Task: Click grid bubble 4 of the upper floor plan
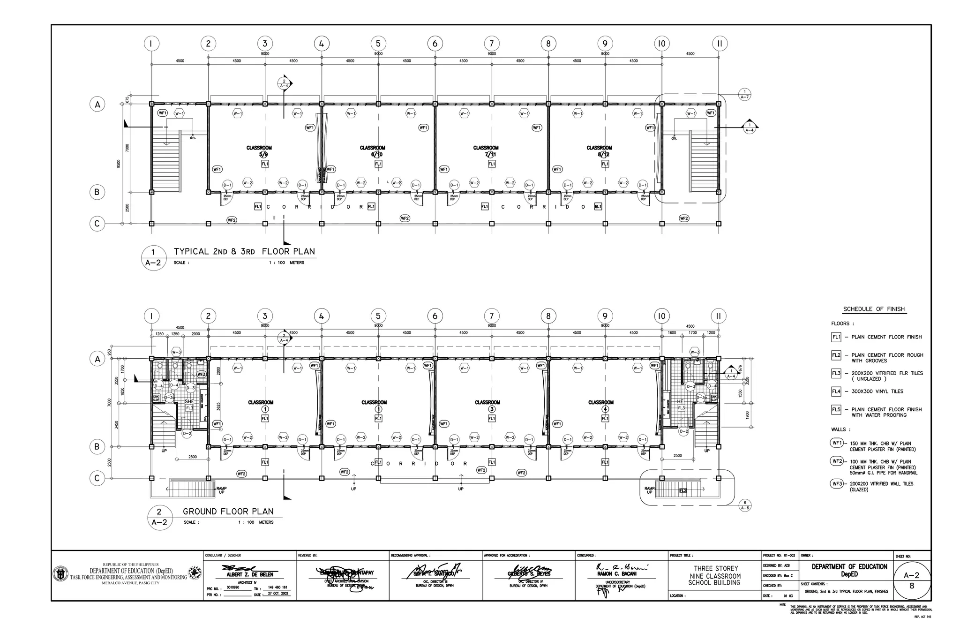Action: coord(321,44)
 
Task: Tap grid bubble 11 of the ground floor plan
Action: coord(718,316)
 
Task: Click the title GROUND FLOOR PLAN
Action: coord(228,512)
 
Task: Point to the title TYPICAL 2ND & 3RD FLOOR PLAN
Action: coord(244,251)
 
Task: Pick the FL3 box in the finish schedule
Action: coord(836,373)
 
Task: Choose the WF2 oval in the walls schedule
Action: coord(837,461)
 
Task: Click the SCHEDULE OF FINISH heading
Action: coord(874,309)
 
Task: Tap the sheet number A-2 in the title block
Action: coord(911,575)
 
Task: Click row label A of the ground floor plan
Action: coord(97,359)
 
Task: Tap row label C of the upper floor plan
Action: coord(97,224)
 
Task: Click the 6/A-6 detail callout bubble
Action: coord(744,505)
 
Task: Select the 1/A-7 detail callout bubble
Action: coord(744,94)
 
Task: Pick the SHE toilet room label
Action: coord(189,402)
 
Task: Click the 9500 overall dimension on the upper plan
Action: coord(119,164)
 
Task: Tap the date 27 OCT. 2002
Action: coord(278,594)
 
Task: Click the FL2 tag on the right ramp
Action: coord(683,491)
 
